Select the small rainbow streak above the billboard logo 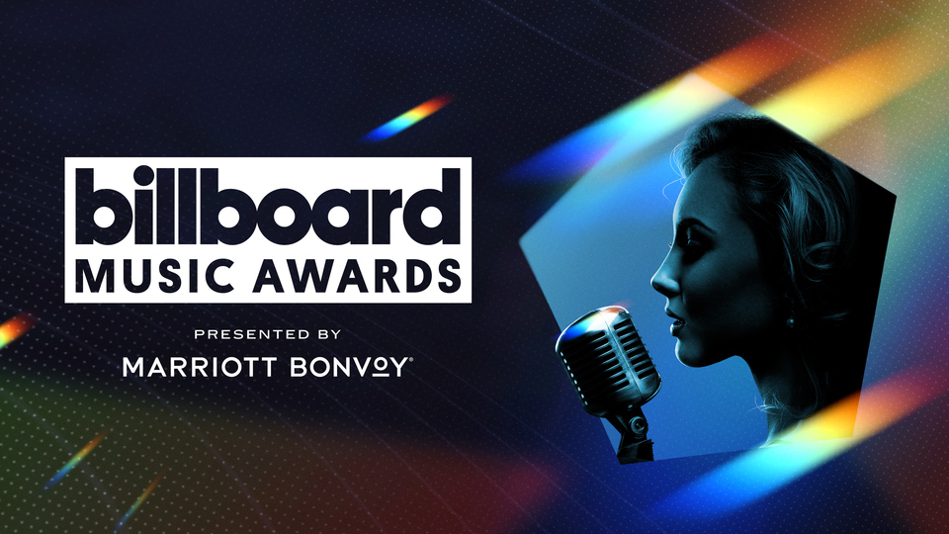pos(407,118)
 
